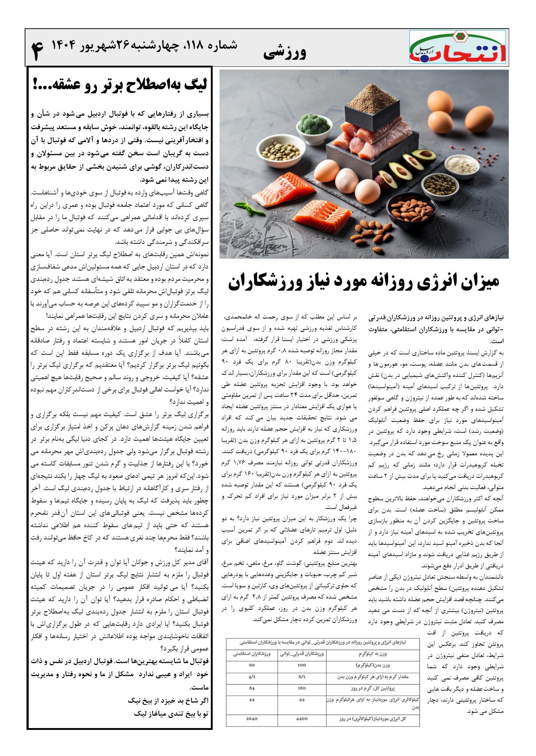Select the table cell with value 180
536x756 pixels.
302,688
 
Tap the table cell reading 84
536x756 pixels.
251,688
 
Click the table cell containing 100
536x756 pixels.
302,665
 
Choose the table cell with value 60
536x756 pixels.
251,665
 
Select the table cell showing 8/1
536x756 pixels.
302,677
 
